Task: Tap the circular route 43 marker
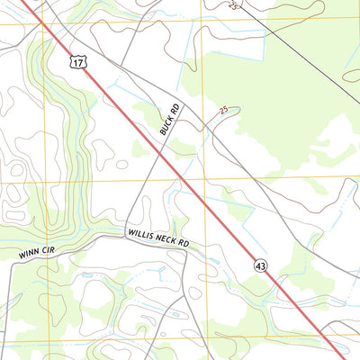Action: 260,265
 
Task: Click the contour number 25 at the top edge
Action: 235,4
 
